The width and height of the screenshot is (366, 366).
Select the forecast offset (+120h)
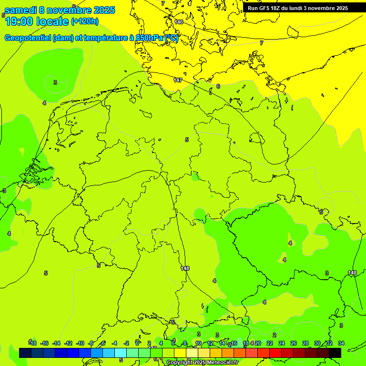[x=85, y=21]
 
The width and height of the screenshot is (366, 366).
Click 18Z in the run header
[x=275, y=8]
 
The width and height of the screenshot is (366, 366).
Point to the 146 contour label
[x=179, y=22]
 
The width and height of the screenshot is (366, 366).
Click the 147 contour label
[x=178, y=80]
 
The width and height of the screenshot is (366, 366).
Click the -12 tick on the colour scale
[x=68, y=343]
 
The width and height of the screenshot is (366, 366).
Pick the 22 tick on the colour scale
[x=270, y=343]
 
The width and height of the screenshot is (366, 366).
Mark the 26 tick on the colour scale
[x=294, y=343]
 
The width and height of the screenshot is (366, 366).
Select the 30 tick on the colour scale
[x=317, y=343]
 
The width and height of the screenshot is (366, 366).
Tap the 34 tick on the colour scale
[x=341, y=343]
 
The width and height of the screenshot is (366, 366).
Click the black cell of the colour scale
[x=335, y=353]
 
